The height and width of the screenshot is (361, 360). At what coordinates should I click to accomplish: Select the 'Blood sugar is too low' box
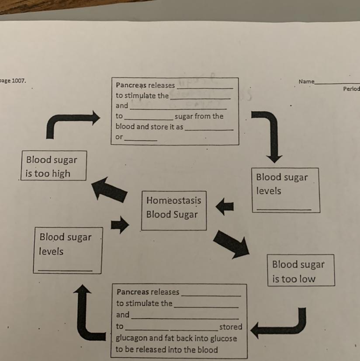click(x=301, y=271)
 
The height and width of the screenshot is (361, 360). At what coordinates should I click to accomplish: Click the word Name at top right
click(x=306, y=81)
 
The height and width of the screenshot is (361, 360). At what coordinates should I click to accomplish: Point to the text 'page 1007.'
click(x=13, y=81)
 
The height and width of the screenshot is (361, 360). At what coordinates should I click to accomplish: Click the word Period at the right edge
click(x=351, y=89)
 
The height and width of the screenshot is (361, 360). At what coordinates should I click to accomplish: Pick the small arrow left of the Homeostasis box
click(x=119, y=225)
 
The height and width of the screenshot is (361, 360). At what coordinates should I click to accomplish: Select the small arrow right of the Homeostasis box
click(x=225, y=206)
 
